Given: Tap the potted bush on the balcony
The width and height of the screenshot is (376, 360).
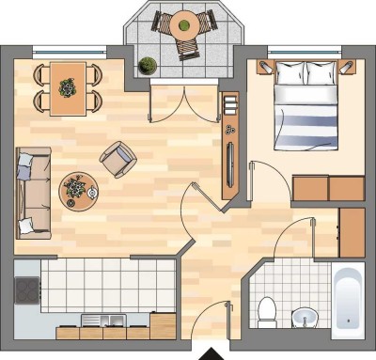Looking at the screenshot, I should [147, 66].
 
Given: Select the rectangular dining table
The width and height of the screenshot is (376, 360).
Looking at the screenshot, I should [67, 87].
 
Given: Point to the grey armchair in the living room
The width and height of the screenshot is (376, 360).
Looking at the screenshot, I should [117, 159].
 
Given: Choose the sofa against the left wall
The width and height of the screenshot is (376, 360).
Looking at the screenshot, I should [32, 193].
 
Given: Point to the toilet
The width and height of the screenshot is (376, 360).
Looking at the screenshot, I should [266, 309].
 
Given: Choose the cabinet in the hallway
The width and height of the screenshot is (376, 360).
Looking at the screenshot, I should [351, 232].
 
